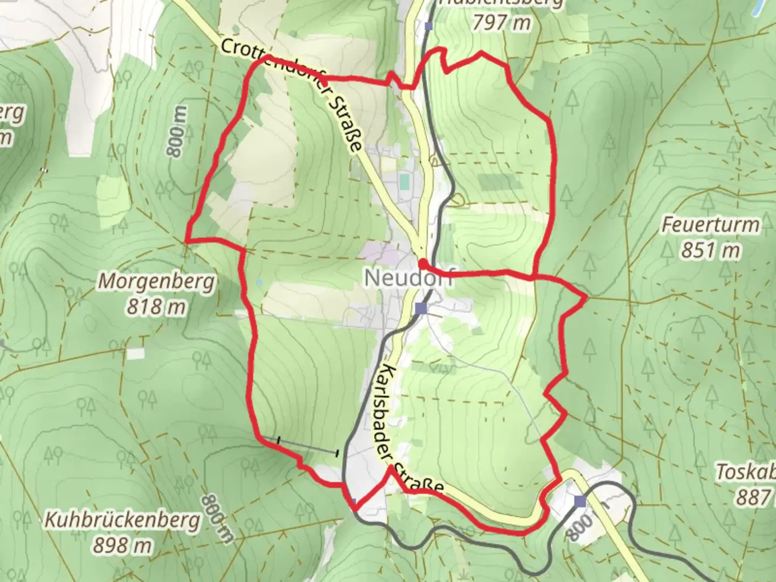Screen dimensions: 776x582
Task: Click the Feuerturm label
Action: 710,225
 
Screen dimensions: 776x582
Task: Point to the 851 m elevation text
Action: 710,250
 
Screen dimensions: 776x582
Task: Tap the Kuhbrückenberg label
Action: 122,521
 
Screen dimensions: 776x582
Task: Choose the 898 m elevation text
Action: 122,546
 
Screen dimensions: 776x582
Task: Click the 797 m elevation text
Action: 501,23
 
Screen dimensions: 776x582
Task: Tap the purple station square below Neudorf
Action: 421,309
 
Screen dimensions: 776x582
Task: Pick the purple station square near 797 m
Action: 428,26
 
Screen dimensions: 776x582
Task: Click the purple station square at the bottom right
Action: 580,502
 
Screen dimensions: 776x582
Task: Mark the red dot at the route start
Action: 422,263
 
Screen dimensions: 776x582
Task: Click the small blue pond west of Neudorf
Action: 260,282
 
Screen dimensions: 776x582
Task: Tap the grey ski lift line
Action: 307,446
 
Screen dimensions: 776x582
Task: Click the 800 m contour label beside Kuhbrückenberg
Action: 218,518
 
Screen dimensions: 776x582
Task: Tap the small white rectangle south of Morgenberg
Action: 136,353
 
